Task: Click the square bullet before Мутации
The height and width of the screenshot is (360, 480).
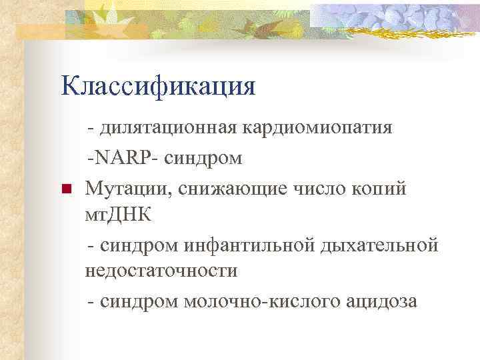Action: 65,190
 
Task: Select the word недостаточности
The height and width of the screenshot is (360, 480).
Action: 160,271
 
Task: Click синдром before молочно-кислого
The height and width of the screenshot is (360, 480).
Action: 141,301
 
